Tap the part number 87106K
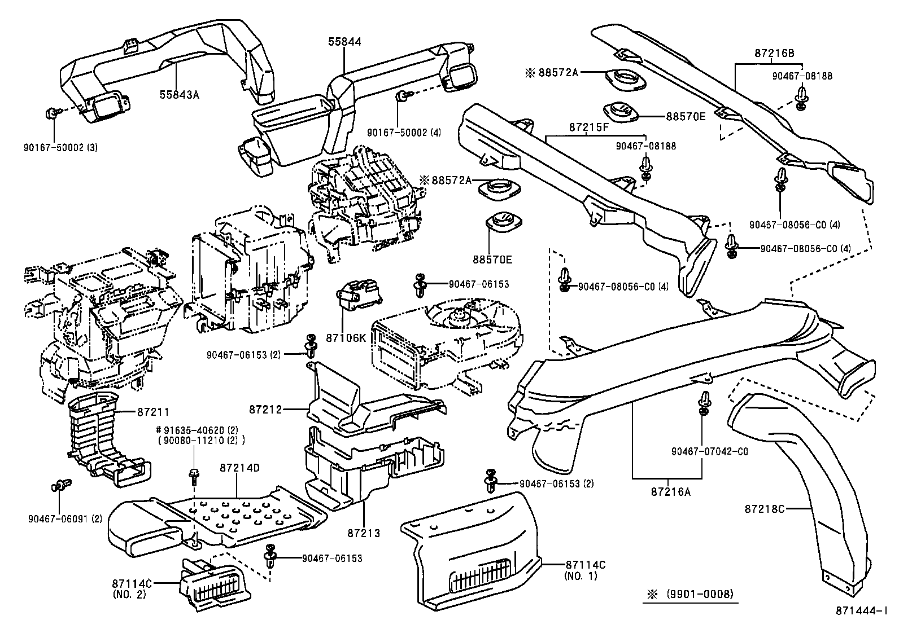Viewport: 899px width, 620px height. click(x=346, y=338)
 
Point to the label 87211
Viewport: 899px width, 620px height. click(x=153, y=412)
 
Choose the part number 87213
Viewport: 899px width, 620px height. click(x=364, y=533)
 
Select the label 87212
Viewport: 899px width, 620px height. click(x=267, y=408)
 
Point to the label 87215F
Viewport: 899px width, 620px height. click(x=588, y=127)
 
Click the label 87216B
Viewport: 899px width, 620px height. click(x=774, y=54)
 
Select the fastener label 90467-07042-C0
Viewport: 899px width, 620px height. click(x=709, y=452)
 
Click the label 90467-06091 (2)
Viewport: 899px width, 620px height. click(x=63, y=518)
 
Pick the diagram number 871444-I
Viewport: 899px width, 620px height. click(x=859, y=611)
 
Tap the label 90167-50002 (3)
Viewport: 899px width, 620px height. click(x=61, y=147)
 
